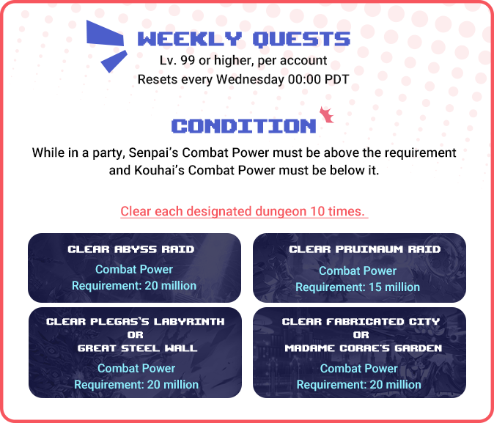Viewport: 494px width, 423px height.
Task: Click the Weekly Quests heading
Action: [x=244, y=40]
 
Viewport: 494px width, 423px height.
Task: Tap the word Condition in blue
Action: [x=244, y=126]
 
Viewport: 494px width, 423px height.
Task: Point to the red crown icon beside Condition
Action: [x=326, y=115]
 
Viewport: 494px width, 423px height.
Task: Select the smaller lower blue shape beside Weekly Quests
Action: [x=114, y=61]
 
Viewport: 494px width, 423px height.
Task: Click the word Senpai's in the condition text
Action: [x=153, y=152]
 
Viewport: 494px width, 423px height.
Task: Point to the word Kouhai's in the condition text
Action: [x=160, y=170]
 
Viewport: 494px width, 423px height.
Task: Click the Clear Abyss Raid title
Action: [x=131, y=249]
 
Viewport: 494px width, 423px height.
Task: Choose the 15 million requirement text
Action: [x=358, y=287]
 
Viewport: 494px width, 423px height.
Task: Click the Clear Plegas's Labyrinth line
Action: [x=136, y=322]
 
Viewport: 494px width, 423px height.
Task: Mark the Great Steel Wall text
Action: [x=137, y=348]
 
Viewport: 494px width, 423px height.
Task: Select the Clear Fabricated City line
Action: [x=361, y=322]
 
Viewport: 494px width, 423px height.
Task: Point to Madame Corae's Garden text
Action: [x=364, y=348]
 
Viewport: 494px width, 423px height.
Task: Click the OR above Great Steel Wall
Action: [x=136, y=335]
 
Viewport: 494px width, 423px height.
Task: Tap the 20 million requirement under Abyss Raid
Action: [x=134, y=286]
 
